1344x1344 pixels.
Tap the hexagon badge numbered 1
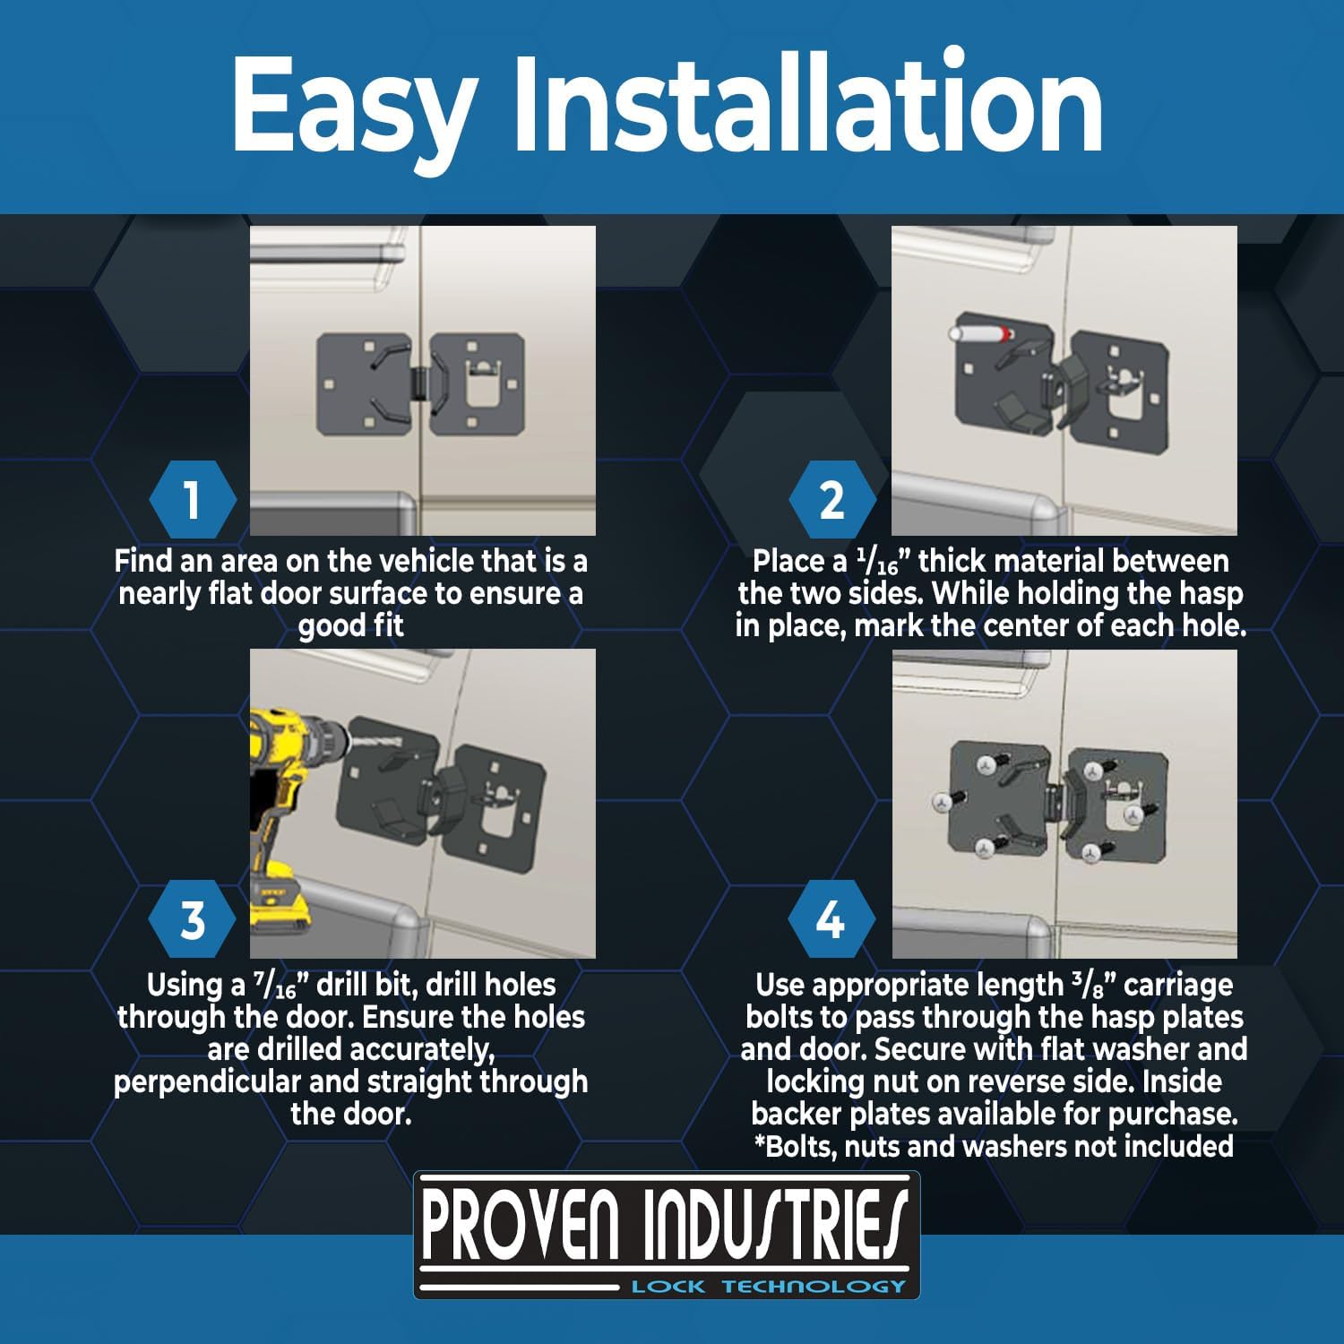click(192, 499)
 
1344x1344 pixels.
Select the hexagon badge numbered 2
click(831, 499)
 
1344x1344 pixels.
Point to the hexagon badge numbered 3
click(192, 920)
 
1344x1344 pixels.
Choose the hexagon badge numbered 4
click(830, 920)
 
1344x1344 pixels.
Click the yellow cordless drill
click(287, 806)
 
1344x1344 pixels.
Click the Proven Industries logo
click(666, 1235)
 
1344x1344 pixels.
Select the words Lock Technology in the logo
click(769, 1287)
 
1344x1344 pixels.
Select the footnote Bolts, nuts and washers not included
click(993, 1147)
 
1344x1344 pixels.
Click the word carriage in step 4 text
click(1177, 986)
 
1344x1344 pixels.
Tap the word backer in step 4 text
click(796, 1115)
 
